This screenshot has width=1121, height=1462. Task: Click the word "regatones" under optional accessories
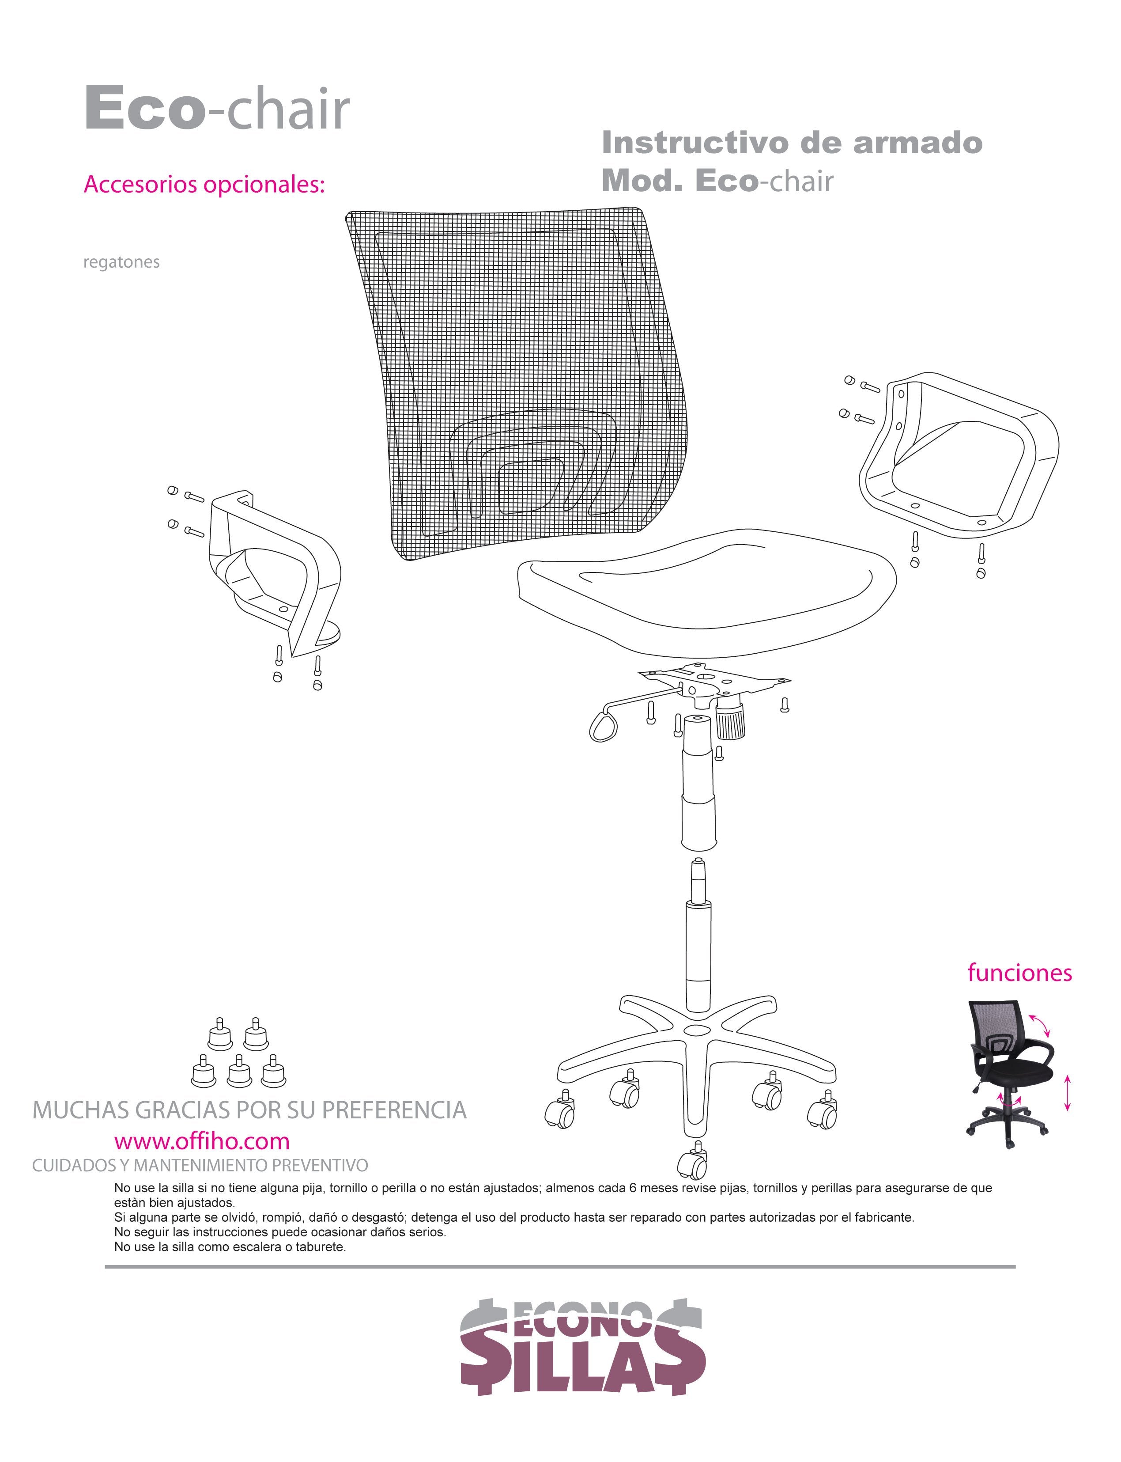pos(121,262)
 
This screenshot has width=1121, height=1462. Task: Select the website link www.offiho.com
pos(201,1141)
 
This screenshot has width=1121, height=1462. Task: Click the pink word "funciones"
pos(1019,973)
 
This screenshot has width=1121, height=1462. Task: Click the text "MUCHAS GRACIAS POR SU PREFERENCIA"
pos(249,1110)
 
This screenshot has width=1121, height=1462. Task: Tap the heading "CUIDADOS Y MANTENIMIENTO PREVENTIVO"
pos(200,1166)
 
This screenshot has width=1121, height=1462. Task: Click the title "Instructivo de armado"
pos(792,142)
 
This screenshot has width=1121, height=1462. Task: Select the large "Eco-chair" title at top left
pos(217,109)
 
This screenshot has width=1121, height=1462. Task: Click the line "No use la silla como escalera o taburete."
pos(230,1246)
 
